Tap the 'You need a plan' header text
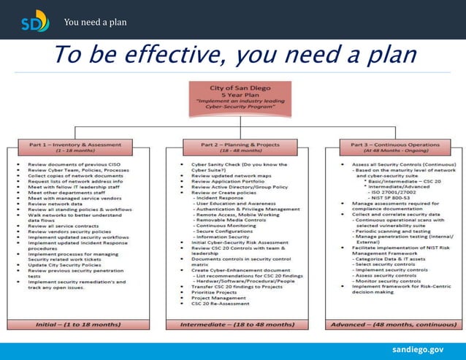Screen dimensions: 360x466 click(95, 22)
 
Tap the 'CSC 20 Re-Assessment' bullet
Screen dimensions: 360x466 click(220, 303)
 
